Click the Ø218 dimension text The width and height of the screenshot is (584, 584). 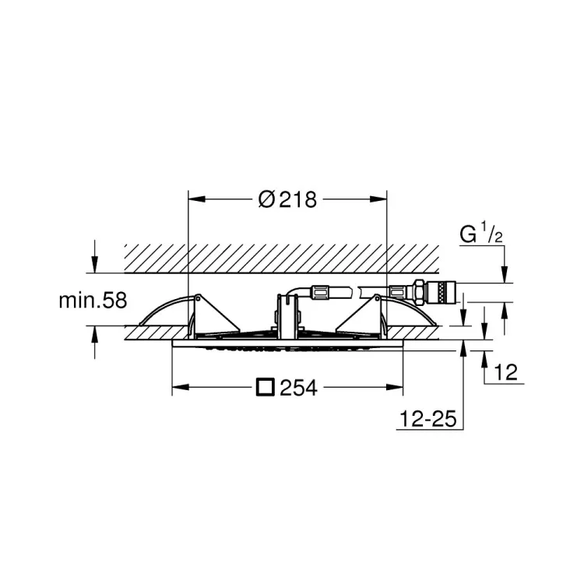(x=287, y=199)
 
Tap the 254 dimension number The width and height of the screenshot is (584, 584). (x=299, y=388)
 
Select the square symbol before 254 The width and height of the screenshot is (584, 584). (x=266, y=387)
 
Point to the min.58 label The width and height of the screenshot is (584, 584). (x=93, y=301)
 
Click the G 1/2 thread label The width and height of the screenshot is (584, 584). (x=481, y=233)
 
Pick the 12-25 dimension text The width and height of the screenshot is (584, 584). (x=428, y=419)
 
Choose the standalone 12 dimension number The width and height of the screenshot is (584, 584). (x=506, y=372)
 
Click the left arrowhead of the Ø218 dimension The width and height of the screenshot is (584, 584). (x=197, y=199)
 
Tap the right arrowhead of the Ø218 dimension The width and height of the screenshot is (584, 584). (x=378, y=199)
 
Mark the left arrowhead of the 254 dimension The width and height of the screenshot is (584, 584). (x=181, y=388)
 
